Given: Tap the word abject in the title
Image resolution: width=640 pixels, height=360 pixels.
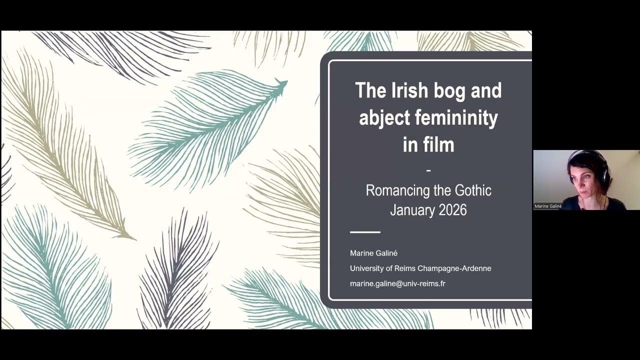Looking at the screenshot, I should tap(384, 118).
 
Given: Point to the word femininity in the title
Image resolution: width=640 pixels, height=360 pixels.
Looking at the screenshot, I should tap(456, 117).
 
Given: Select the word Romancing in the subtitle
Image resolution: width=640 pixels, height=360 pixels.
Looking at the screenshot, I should tap(398, 190).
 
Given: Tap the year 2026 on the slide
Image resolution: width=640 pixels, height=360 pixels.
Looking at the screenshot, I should tap(453, 210).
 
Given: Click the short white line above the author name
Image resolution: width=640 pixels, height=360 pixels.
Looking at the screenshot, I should tap(365, 232).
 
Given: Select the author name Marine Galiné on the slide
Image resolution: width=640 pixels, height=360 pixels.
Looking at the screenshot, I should tap(373, 253).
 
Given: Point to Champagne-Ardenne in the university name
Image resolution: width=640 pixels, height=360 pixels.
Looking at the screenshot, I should tap(454, 268).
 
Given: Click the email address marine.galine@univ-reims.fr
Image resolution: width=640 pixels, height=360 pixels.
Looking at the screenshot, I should tap(397, 283).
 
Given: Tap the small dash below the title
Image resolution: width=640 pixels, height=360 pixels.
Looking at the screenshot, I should tap(428, 170).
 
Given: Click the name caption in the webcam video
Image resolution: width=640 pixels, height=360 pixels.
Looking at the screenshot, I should tap(548, 206).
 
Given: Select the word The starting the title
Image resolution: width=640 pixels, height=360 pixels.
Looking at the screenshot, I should tap(370, 90).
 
